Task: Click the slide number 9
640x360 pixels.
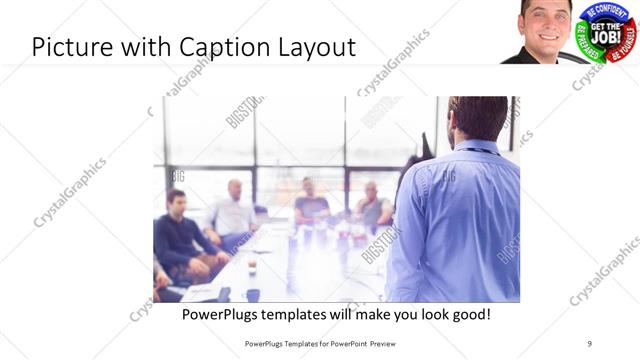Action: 589,343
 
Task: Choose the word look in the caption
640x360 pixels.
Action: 424,314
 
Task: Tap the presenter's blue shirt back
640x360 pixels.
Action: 460,220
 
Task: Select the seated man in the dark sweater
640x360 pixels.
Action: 177,235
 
